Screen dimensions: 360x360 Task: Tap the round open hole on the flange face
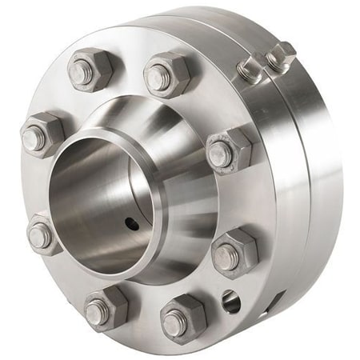(x=231, y=302)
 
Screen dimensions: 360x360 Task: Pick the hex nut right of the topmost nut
(x=166, y=74)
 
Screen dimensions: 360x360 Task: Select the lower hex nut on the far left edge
(x=44, y=234)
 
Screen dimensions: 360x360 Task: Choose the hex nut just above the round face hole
(x=234, y=251)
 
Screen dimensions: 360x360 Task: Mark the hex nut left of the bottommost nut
(x=105, y=307)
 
